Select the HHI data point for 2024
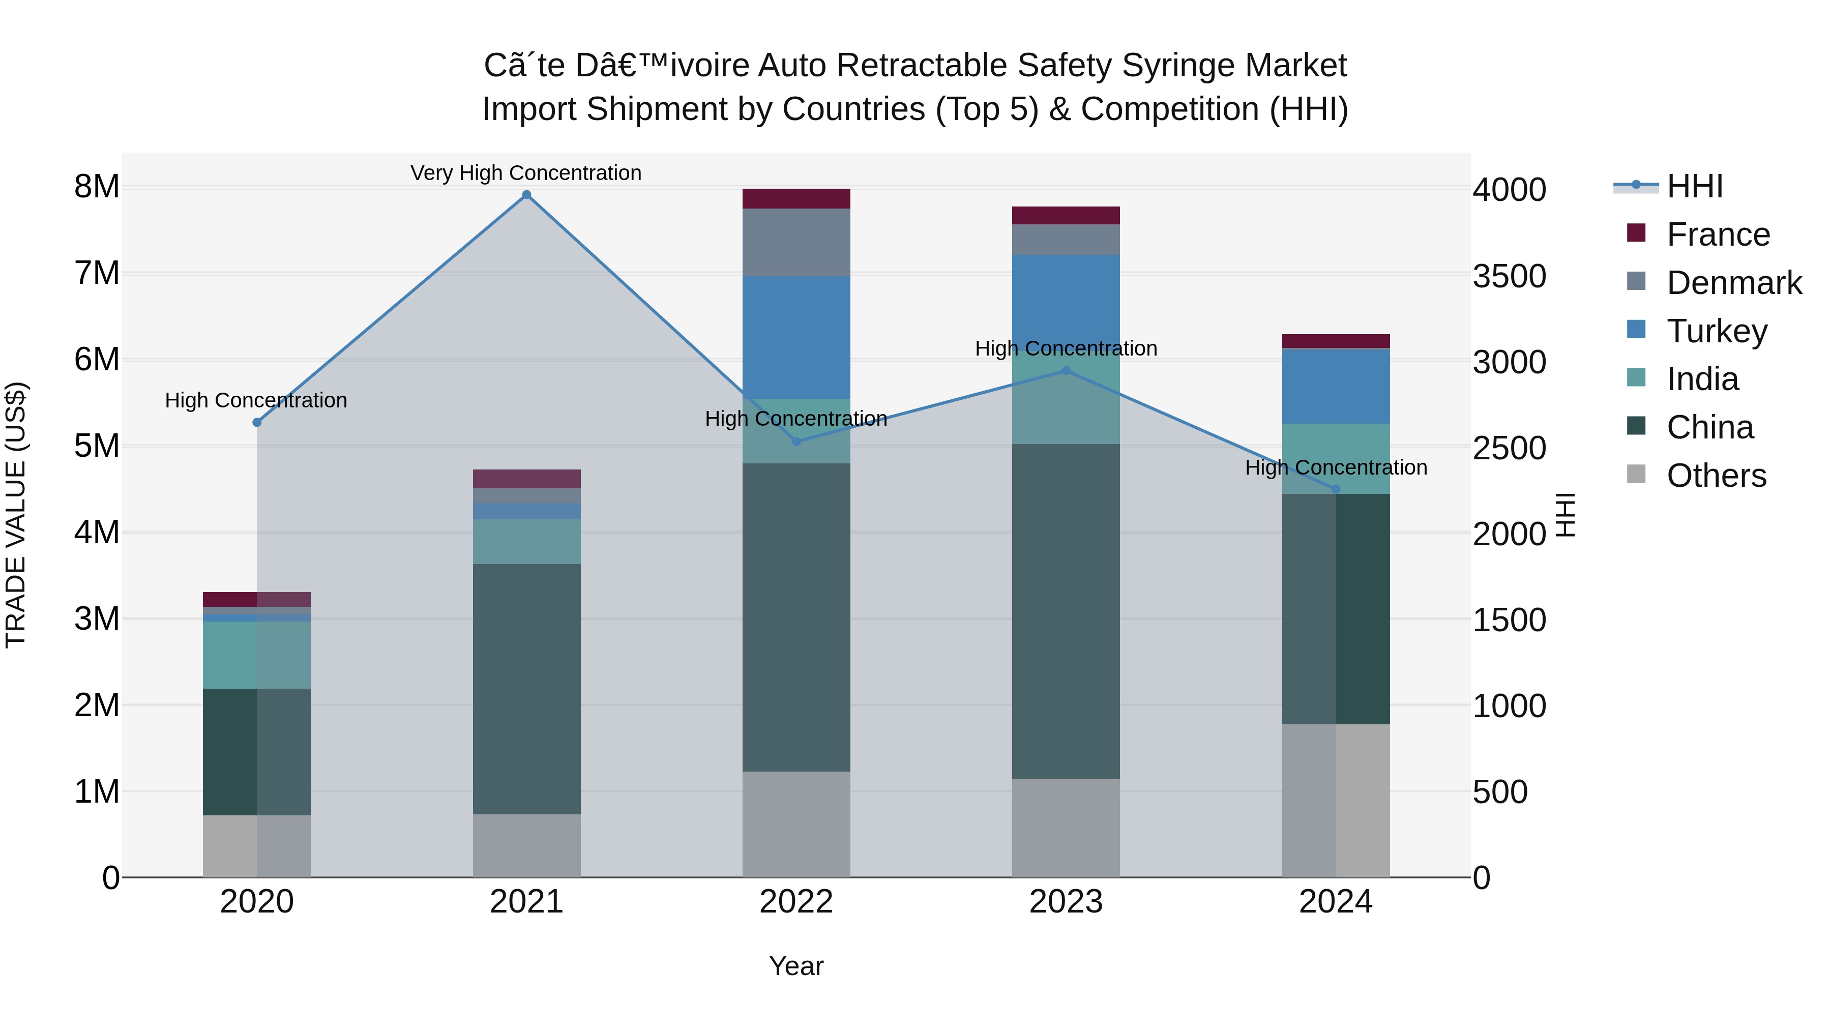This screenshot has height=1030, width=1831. point(1336,489)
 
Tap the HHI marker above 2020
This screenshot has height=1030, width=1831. point(257,422)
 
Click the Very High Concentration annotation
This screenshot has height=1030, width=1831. point(526,173)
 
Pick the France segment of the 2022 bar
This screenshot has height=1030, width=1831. point(796,198)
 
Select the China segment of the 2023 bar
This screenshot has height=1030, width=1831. point(1066,611)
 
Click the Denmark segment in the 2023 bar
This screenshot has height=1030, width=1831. point(1066,240)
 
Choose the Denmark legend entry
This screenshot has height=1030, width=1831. point(1734,283)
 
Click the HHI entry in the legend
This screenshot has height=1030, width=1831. point(1695,186)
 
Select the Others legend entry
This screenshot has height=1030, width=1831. point(1716,476)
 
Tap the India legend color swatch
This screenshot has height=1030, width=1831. point(1636,377)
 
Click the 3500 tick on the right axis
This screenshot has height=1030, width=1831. point(1509,277)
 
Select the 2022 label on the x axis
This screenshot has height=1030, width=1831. point(796,902)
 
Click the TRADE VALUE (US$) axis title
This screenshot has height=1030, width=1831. point(16,515)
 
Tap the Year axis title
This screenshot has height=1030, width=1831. point(796,966)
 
